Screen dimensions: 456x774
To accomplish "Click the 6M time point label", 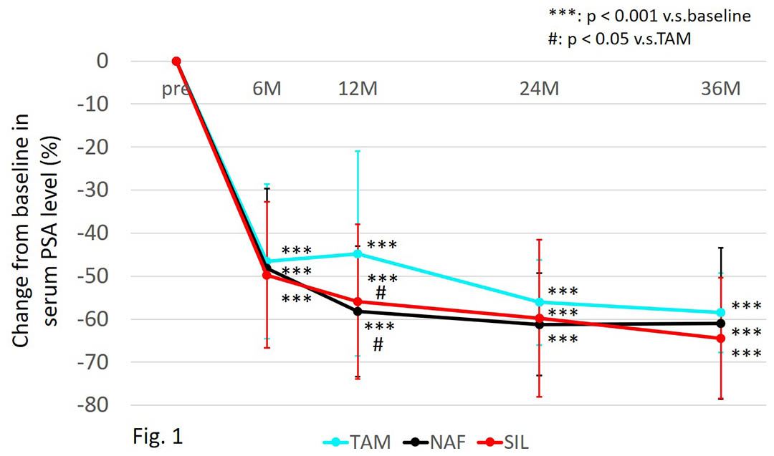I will (x=267, y=89).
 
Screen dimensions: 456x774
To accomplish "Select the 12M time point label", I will (x=357, y=89).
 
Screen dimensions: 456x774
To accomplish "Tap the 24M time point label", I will (x=539, y=89).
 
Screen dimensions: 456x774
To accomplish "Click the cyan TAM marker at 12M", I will (x=358, y=253).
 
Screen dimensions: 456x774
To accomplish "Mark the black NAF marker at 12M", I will (x=358, y=311).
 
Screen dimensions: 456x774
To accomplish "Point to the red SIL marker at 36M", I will (x=721, y=338).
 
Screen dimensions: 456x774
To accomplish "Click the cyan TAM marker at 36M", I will (x=721, y=312).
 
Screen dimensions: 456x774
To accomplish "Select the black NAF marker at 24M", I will (x=539, y=324).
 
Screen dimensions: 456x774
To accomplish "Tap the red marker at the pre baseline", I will (x=176, y=62).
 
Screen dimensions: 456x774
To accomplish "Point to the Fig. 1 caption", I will (x=158, y=436).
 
